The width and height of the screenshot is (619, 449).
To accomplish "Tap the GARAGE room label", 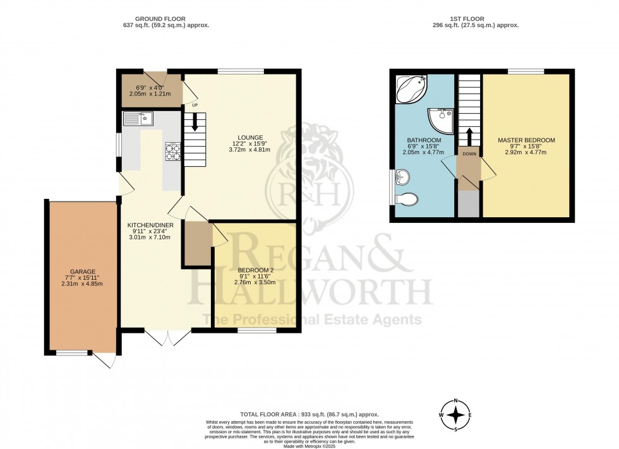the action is point(83,272).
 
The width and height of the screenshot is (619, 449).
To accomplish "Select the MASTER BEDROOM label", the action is point(526,140).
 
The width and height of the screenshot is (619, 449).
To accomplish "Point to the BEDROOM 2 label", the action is point(255,270).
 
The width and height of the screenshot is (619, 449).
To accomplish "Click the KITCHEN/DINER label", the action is point(150,225).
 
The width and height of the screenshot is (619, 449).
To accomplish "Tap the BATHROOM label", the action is point(424,140).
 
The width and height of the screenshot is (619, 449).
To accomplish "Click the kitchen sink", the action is point(138,118).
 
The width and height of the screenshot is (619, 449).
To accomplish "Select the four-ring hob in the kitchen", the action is point(173,152).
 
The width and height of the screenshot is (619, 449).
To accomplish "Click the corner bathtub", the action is point(411,89).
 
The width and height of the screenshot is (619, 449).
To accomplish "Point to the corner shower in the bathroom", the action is point(442,119).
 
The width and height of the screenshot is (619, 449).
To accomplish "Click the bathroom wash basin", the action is point(402,177).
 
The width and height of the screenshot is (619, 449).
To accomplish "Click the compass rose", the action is point(456,416).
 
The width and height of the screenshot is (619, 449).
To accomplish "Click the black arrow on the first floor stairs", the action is point(469,137).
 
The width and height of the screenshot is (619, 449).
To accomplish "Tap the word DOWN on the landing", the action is point(469,154).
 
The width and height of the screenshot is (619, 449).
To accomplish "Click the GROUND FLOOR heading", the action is point(160,18).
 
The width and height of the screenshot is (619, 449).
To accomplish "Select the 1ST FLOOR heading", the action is point(467,18).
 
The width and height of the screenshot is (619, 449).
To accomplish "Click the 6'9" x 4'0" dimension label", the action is point(150,88).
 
